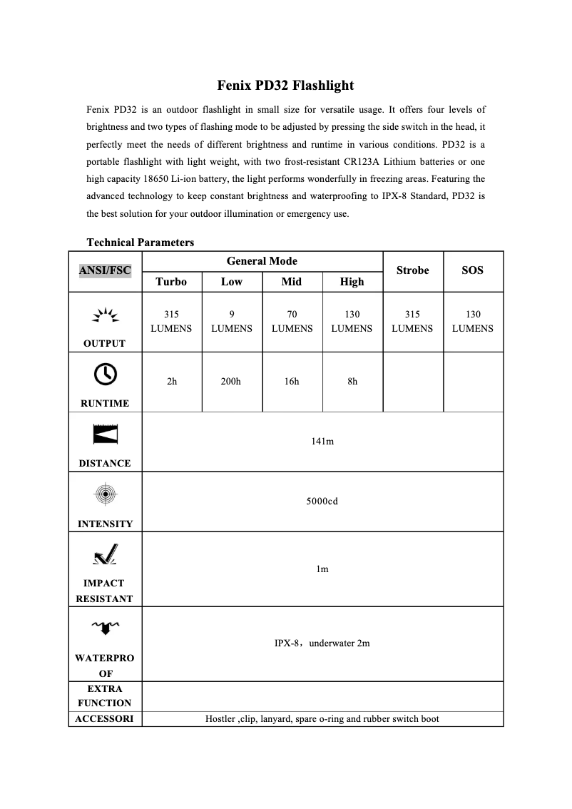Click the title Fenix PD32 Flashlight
285,86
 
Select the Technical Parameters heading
140,243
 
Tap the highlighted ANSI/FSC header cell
105,270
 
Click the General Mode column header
262,261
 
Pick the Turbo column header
171,282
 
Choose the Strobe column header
412,270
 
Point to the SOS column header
472,270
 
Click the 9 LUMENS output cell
231,321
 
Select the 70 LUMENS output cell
291,321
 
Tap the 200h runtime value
231,382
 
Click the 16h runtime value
291,382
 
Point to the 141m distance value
322,442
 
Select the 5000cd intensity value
322,502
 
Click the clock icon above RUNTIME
105,373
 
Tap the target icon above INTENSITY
105,493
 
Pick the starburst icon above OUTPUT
105,315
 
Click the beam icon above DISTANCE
105,434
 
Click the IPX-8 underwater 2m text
322,643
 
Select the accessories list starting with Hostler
322,719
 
